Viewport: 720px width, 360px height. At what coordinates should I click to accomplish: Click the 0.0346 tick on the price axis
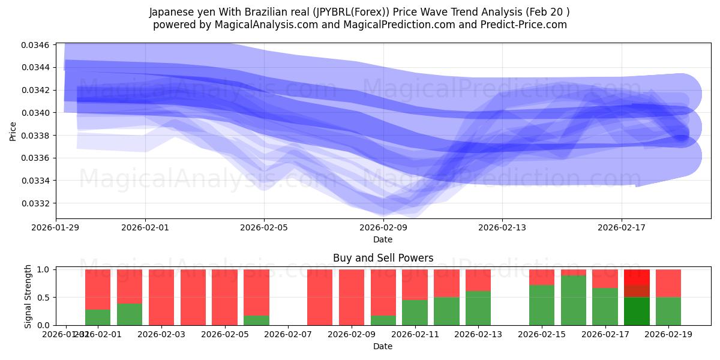pyautogui.click(x=37, y=45)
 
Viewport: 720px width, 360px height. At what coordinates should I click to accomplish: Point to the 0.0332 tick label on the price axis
pyautogui.click(x=37, y=203)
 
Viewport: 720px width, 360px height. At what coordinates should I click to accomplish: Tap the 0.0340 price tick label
pyautogui.click(x=37, y=113)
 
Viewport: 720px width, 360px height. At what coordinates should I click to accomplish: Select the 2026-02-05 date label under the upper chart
pyautogui.click(x=264, y=227)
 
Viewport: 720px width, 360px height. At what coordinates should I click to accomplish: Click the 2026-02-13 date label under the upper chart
pyautogui.click(x=502, y=227)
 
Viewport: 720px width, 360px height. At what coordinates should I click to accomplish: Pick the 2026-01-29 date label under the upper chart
pyautogui.click(x=56, y=227)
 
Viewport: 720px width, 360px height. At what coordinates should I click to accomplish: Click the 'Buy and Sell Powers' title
pyautogui.click(x=383, y=259)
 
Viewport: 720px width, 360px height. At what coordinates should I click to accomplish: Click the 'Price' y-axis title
pyautogui.click(x=13, y=131)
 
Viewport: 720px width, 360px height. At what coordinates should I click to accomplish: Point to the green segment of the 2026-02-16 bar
pyautogui.click(x=573, y=300)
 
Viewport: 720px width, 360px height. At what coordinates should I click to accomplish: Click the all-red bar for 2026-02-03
pyautogui.click(x=161, y=297)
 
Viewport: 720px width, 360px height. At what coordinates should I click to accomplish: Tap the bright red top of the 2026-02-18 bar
pyautogui.click(x=637, y=277)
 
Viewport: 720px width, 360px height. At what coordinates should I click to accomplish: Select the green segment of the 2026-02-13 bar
pyautogui.click(x=478, y=308)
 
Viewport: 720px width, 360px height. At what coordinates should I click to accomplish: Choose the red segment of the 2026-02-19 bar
pyautogui.click(x=668, y=283)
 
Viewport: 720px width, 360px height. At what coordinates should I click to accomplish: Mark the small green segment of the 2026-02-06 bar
pyautogui.click(x=256, y=320)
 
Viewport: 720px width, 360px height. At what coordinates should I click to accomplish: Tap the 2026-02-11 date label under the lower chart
pyautogui.click(x=415, y=334)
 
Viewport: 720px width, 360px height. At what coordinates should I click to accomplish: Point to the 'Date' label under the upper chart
pyautogui.click(x=383, y=239)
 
